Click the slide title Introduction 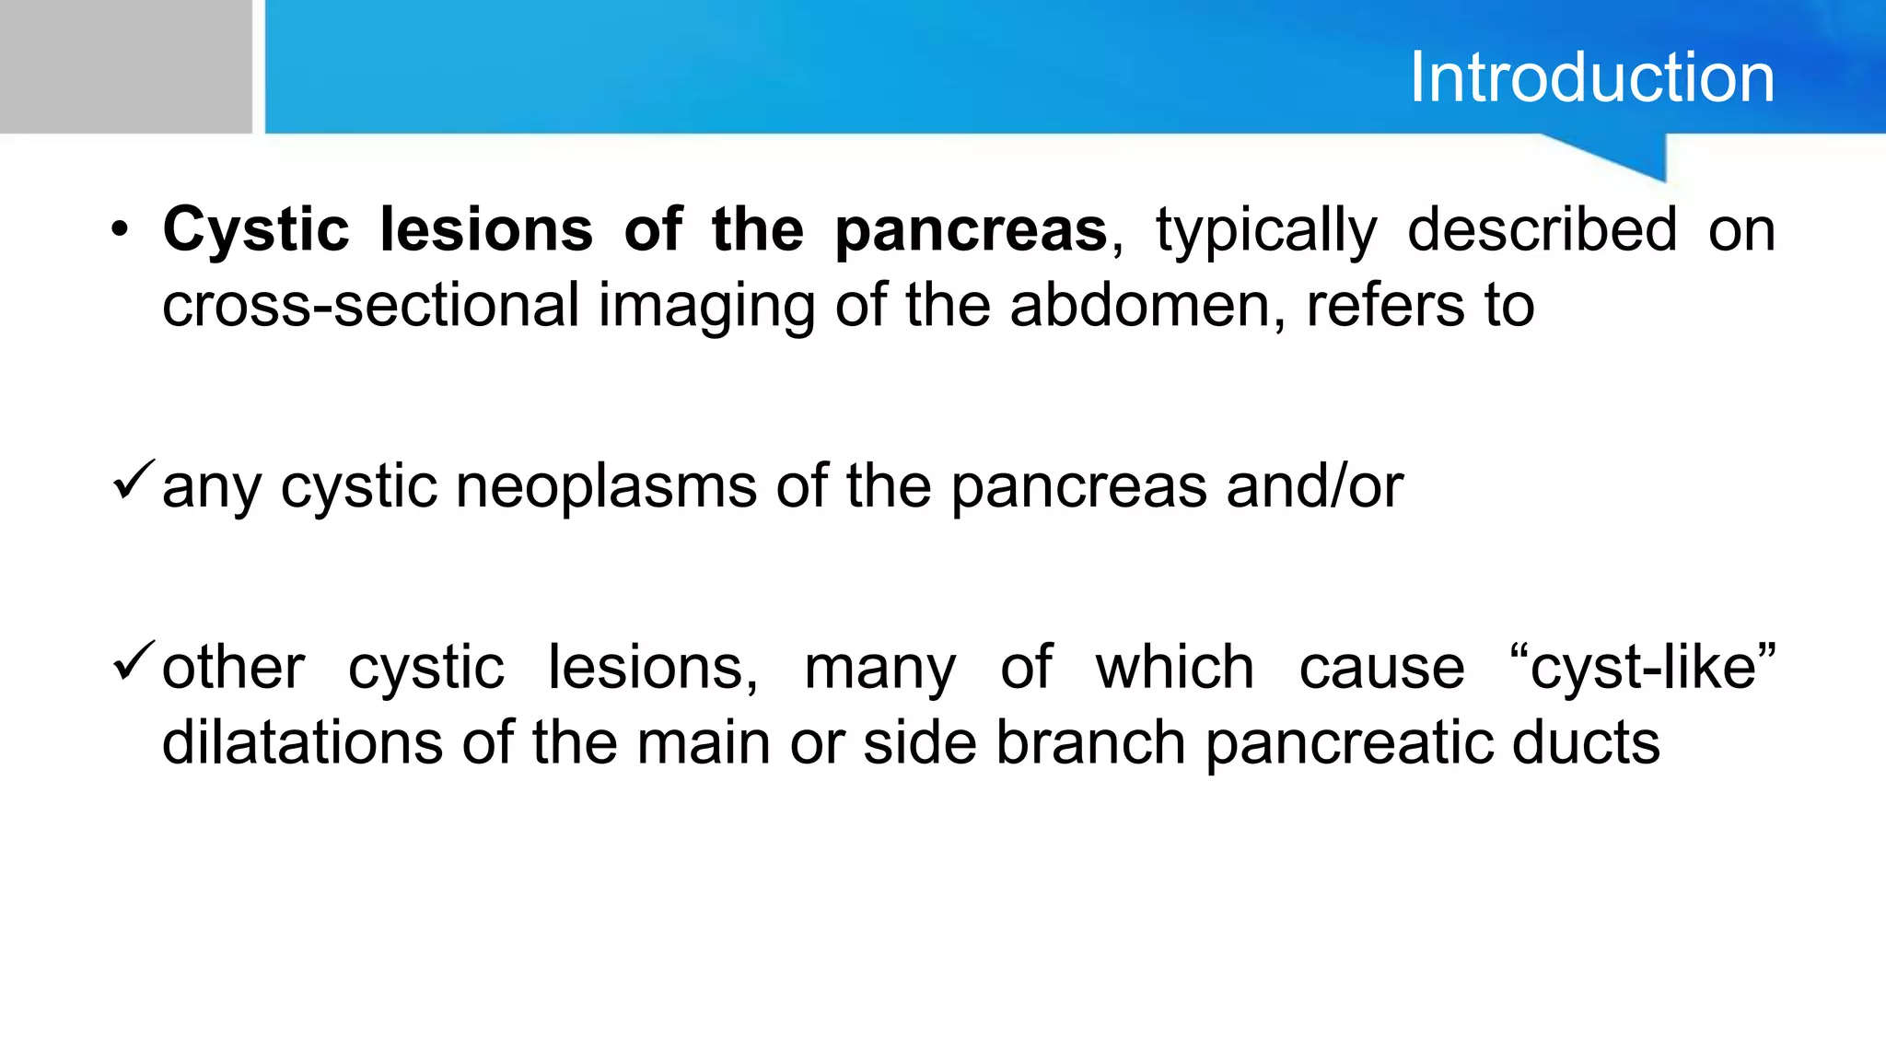[x=1591, y=77]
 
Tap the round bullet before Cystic [x=120, y=230]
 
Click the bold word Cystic [x=256, y=230]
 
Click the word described [x=1542, y=230]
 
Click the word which [x=1174, y=667]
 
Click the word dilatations [x=303, y=742]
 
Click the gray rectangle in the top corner [x=125, y=66]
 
